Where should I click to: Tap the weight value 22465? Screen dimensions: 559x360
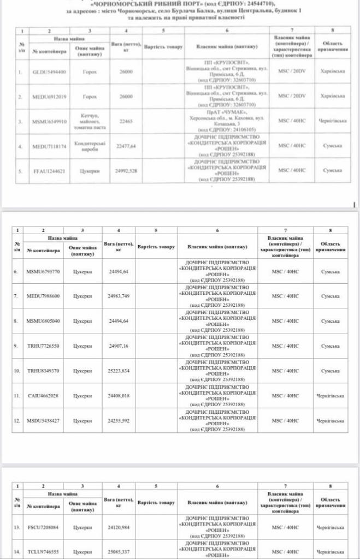[126, 122]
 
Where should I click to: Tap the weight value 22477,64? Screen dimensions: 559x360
[126, 146]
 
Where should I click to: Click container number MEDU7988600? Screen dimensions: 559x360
[44, 296]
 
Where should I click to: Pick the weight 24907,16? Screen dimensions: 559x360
[119, 346]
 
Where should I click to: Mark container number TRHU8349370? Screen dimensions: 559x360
[44, 371]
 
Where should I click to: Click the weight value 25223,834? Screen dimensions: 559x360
[119, 371]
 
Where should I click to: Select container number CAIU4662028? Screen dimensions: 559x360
[44, 396]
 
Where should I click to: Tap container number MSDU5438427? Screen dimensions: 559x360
[44, 421]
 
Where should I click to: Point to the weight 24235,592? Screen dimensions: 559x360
[119, 421]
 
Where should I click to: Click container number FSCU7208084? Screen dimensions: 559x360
[44, 527]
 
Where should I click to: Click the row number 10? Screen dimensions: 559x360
[17, 371]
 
